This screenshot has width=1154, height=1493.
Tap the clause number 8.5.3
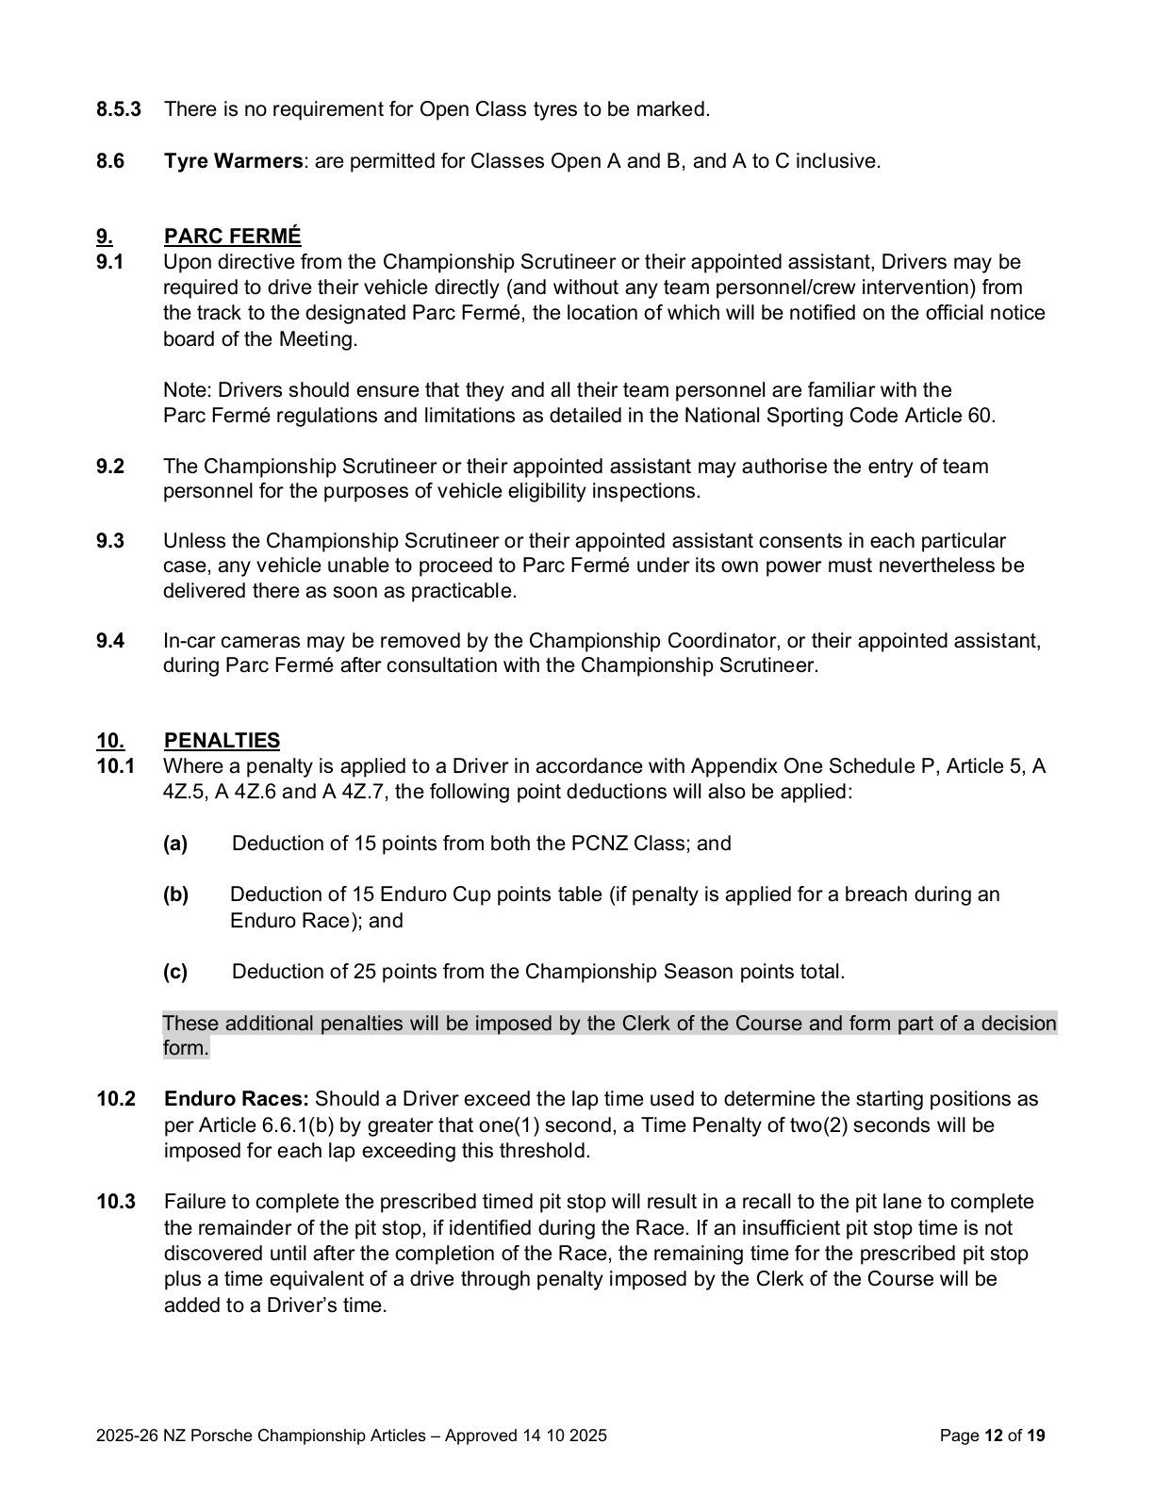click(119, 109)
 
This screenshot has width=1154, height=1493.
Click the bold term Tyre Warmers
click(233, 161)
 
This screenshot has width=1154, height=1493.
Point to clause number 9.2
click(110, 467)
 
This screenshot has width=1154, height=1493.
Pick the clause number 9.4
click(110, 642)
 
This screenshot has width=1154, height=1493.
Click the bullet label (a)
click(175, 844)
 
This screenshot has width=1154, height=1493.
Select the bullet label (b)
click(175, 894)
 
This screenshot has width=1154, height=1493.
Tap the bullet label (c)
click(175, 972)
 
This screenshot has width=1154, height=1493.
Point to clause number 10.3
click(116, 1203)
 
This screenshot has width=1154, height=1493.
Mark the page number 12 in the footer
click(993, 1436)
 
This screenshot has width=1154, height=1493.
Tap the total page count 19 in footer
click(1036, 1436)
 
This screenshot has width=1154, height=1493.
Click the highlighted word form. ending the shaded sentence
click(185, 1049)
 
